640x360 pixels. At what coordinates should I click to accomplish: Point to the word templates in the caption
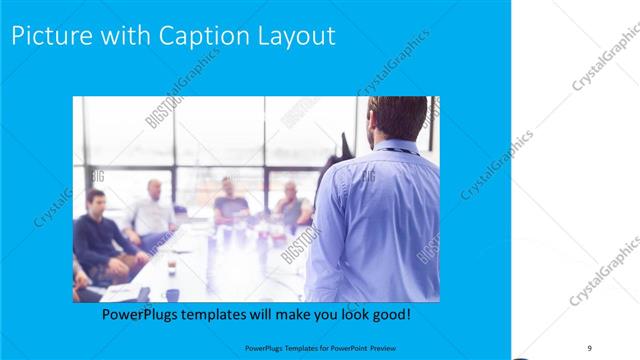[x=220, y=314]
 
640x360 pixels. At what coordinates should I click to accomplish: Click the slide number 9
[x=590, y=346]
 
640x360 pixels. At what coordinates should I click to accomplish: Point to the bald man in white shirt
[x=153, y=212]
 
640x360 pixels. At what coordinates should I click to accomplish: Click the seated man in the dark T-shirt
[x=231, y=204]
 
